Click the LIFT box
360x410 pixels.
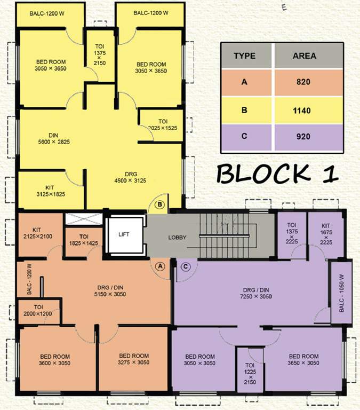[124, 234]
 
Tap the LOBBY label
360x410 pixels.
[178, 238]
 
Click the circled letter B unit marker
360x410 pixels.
[159, 204]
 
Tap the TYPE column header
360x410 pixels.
[244, 56]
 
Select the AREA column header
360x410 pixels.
[304, 56]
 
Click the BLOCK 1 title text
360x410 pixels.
[277, 174]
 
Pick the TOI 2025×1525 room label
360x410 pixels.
[163, 125]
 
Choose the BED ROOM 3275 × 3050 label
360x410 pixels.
[133, 359]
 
